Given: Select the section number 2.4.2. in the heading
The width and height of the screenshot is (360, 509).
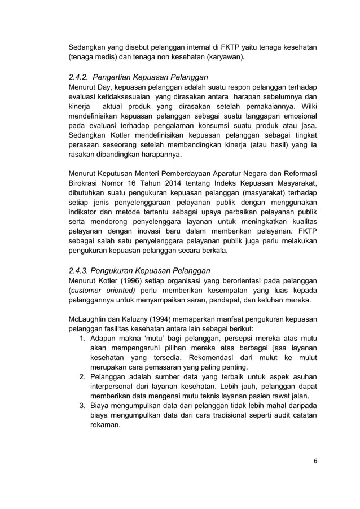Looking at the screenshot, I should coord(79,77).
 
